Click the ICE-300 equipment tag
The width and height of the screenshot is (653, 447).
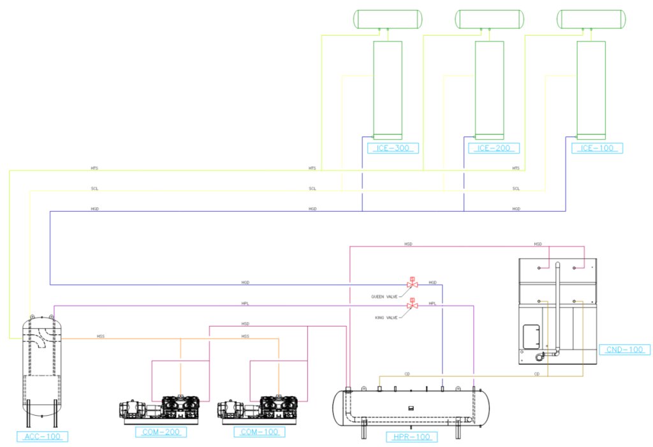click(x=393, y=149)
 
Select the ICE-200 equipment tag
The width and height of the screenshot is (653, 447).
click(x=494, y=149)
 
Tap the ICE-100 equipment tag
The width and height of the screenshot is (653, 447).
click(x=598, y=149)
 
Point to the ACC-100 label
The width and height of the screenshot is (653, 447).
click(x=42, y=437)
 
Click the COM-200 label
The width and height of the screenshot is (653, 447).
click(x=161, y=432)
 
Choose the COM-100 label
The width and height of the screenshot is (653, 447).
click(x=258, y=432)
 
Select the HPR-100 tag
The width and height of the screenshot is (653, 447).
click(x=412, y=437)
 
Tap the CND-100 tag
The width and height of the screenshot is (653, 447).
click(x=625, y=349)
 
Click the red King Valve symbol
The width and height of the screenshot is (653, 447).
click(x=412, y=305)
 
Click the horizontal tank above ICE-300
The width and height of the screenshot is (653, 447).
click(x=388, y=19)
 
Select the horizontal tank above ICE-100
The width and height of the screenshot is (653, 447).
click(x=591, y=19)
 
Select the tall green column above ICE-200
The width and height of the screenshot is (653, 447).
click(x=489, y=89)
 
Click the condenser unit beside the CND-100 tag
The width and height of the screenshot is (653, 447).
click(x=557, y=312)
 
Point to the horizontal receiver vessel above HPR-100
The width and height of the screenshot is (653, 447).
click(x=412, y=407)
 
